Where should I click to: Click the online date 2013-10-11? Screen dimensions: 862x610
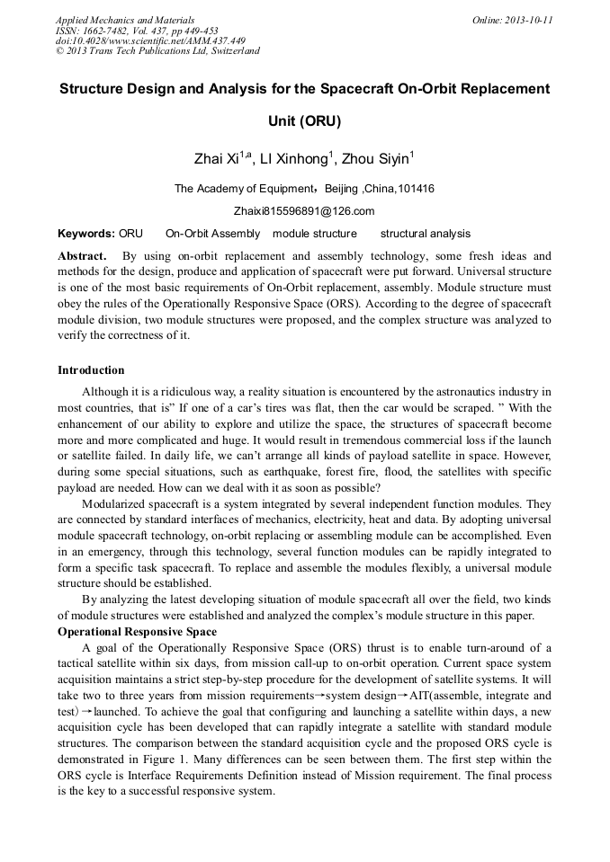pos(530,20)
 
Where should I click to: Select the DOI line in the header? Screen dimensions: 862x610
pos(150,40)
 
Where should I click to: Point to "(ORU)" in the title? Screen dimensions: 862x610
pos(305,120)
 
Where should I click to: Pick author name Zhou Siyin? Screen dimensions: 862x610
pos(377,160)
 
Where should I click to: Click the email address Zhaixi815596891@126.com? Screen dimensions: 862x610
pos(305,211)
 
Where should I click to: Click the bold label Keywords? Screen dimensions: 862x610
pos(85,234)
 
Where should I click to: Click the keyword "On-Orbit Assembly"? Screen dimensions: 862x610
pos(212,234)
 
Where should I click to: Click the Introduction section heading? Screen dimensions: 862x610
pos(91,369)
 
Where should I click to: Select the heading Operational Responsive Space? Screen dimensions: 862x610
pos(137,632)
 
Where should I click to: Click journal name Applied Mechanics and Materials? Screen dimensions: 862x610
pos(125,20)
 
